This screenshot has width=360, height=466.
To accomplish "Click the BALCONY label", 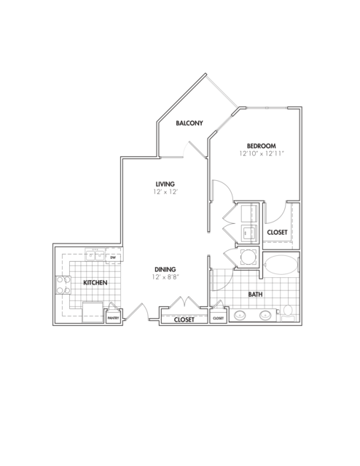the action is coord(189,123).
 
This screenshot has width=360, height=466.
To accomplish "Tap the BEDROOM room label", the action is coord(262,146).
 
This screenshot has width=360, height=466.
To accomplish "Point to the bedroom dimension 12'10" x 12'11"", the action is coord(262,154).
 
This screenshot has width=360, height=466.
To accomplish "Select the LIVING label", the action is coord(165,184).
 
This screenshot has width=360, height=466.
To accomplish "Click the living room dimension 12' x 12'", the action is coord(165,192).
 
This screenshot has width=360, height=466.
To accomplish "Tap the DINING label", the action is coord(165,270).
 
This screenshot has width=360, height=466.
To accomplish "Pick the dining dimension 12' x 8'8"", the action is coord(165,277).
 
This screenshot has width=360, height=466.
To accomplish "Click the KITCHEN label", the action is coord(95,283).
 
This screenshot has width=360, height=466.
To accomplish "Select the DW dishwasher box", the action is coord(113,257).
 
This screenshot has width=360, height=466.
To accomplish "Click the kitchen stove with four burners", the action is coord(63,284).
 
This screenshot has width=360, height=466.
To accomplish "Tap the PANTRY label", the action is coord(113,318).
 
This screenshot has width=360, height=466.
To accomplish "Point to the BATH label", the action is coord(256,294).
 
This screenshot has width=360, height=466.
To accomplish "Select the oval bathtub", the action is coord(281,265).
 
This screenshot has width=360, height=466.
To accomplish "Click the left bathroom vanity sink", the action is coord(240,315).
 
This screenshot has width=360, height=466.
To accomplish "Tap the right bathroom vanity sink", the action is coord(265,315).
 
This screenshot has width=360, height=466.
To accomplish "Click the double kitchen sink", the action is coord(95,255).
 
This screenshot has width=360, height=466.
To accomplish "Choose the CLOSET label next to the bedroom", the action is coord(277,233).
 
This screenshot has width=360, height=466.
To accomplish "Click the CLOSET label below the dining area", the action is coord(184,319).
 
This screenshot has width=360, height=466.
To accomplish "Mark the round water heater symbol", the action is coord(248,257).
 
